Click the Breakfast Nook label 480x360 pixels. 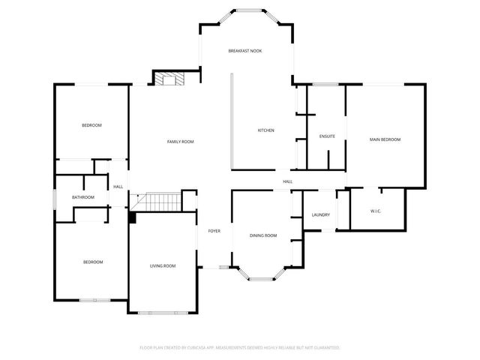[245, 50]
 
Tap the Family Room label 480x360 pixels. [180, 142]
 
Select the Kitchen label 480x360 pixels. [266, 130]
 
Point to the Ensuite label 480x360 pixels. [327, 136]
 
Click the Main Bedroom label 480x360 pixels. [385, 139]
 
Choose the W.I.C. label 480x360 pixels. [376, 211]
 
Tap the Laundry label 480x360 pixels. [321, 215]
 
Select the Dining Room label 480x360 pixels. [263, 235]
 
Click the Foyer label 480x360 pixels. [214, 231]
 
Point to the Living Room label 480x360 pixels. [163, 265]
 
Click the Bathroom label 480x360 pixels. [83, 197]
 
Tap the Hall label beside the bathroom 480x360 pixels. [118, 187]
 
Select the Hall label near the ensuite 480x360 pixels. [287, 181]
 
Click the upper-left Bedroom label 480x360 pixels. [91, 125]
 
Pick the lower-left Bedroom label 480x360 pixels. [92, 262]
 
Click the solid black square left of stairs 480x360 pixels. [132, 217]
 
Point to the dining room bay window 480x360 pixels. [262, 278]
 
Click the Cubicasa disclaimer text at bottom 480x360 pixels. [240, 348]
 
